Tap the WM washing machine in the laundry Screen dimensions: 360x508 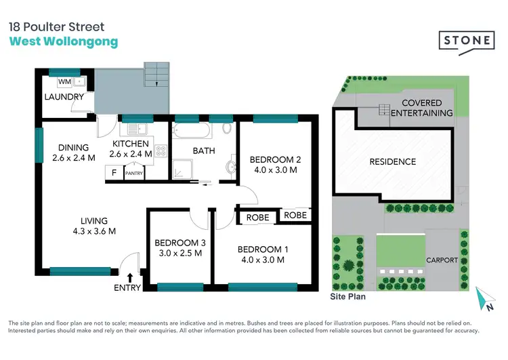[65, 81]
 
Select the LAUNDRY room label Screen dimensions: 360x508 [64, 97]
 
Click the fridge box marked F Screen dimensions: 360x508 [114, 172]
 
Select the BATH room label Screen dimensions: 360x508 [203, 151]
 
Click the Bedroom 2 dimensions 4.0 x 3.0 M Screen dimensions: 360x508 [274, 170]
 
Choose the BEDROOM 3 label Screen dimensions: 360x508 [179, 243]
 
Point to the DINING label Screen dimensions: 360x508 [73, 148]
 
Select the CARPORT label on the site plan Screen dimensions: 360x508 [442, 260]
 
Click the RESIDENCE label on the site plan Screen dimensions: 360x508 [392, 162]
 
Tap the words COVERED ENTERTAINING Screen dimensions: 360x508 [422, 108]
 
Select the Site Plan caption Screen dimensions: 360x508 [348, 296]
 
